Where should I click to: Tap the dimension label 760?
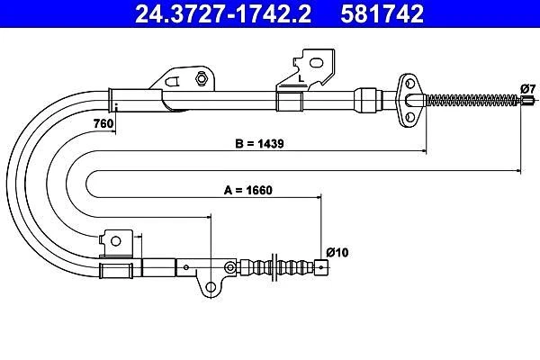(x=103, y=123)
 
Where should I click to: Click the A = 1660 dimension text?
(x=247, y=190)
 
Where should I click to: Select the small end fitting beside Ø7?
(x=520, y=101)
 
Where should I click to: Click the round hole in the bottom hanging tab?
(x=211, y=288)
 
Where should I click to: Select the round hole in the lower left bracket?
(x=114, y=239)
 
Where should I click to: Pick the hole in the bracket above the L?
(x=316, y=62)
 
